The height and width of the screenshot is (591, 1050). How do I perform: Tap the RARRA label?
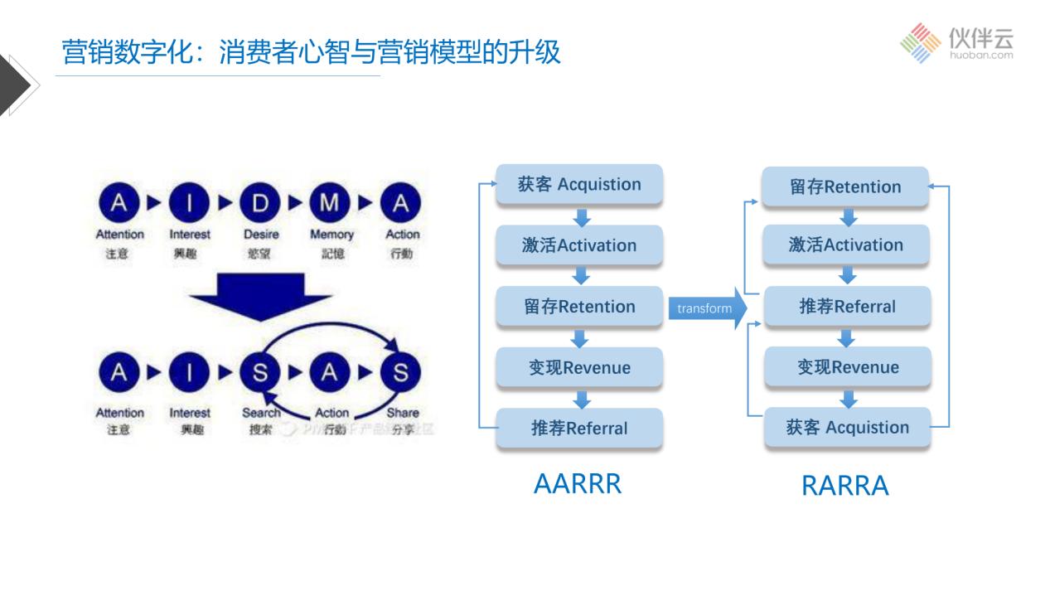(844, 486)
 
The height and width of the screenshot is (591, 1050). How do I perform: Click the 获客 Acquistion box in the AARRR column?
(579, 185)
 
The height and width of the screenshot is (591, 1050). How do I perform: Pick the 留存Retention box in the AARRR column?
(579, 307)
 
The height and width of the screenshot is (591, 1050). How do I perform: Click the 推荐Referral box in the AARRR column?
(579, 429)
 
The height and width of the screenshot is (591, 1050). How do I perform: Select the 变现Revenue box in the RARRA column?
(847, 367)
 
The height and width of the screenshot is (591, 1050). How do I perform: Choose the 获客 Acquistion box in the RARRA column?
(847, 428)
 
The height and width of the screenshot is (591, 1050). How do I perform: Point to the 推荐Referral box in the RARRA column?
(847, 307)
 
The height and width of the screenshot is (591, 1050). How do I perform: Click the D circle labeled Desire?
(260, 203)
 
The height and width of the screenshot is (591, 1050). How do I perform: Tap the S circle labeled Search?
(260, 373)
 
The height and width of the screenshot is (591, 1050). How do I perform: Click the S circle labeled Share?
(401, 373)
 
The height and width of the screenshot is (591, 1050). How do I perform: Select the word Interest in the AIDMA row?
(190, 235)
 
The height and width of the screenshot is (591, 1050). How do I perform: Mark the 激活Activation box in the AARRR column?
(579, 245)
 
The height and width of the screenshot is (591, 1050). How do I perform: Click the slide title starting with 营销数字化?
(311, 53)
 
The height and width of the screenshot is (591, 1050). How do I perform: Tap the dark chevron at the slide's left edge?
(17, 84)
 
